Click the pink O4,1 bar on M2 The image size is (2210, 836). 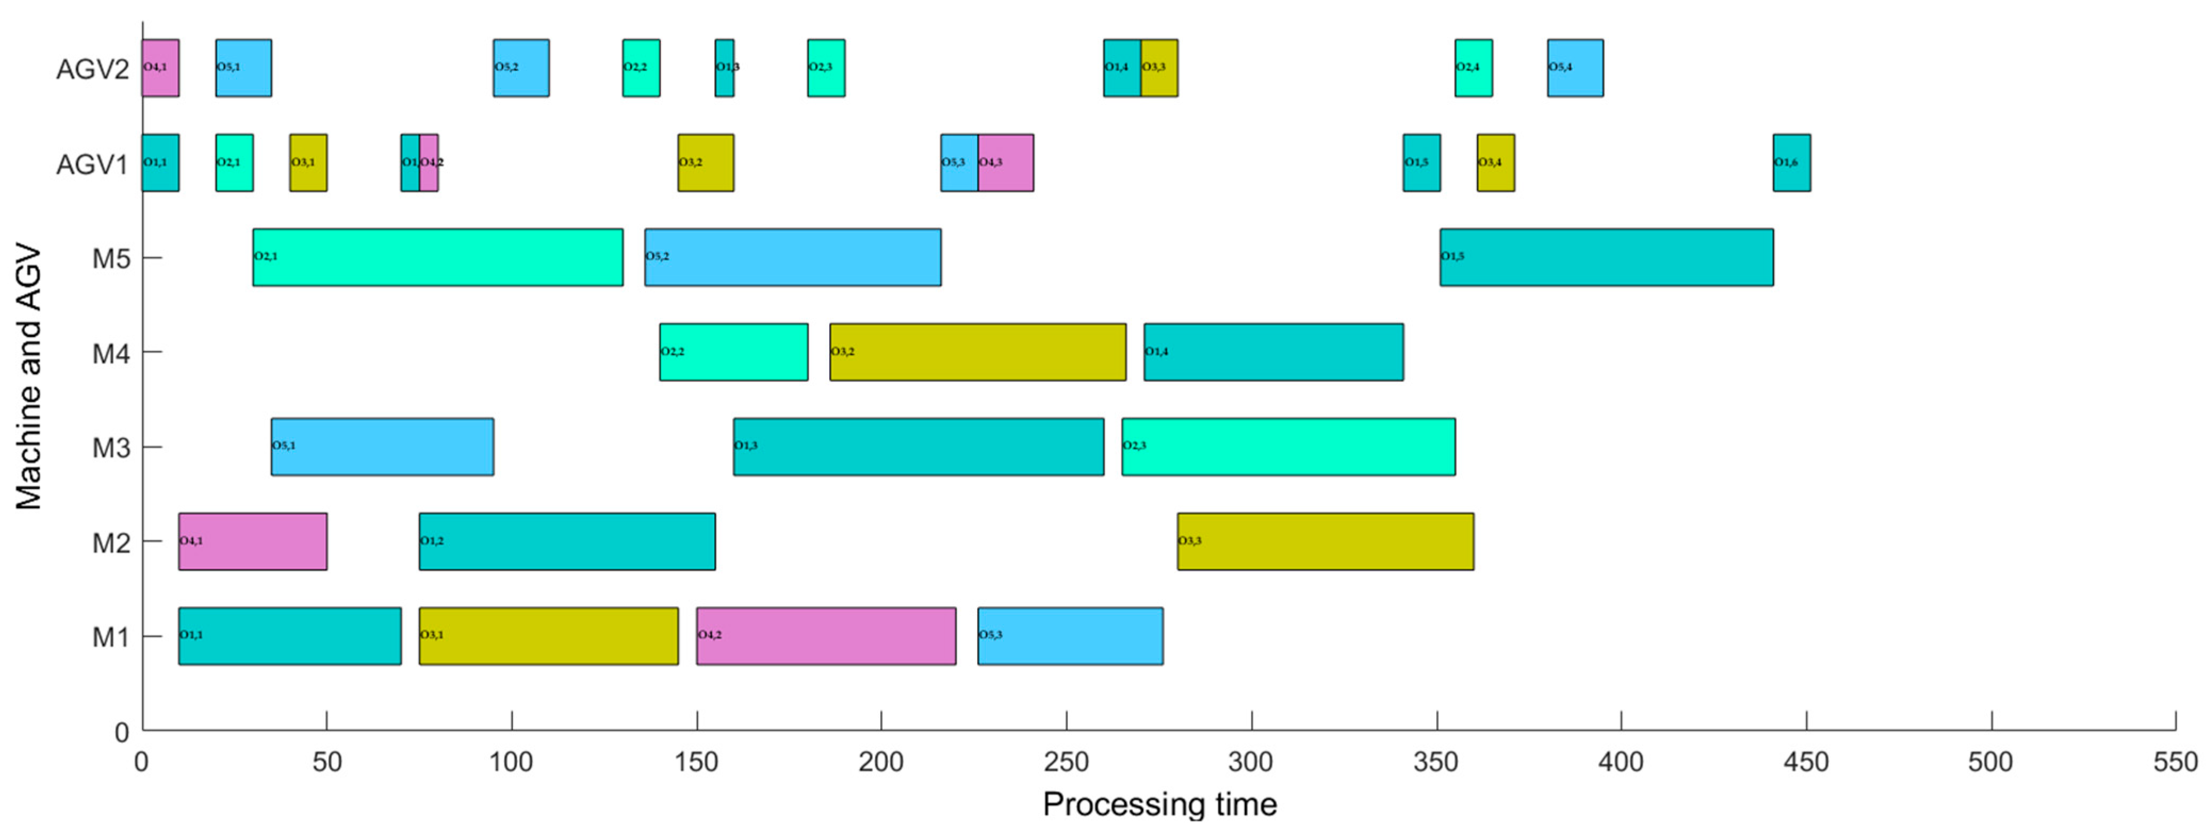[252, 541]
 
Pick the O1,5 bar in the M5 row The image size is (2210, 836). [1606, 257]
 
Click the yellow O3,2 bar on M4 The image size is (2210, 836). [977, 352]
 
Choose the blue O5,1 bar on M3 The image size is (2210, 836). [382, 446]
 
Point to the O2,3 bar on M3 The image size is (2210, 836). [1288, 446]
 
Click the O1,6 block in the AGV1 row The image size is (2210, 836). [1791, 163]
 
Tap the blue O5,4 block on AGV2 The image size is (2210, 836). [1575, 68]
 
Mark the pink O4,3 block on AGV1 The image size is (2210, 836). [1005, 163]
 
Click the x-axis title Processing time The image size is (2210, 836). [1159, 804]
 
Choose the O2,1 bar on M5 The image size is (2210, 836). [438, 257]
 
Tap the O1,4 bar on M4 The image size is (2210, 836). [1273, 352]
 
